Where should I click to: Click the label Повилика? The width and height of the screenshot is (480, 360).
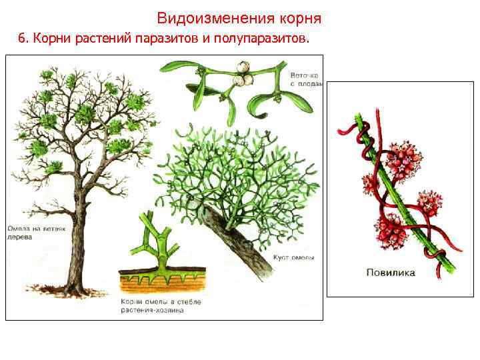point(390,272)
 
